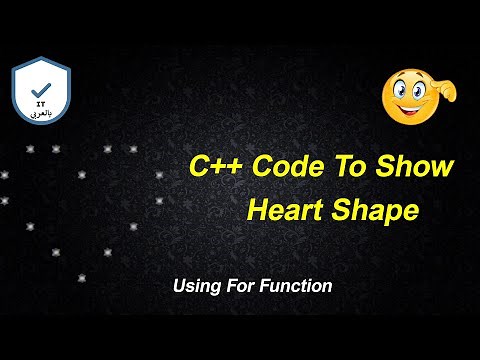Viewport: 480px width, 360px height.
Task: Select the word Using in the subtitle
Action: (195, 286)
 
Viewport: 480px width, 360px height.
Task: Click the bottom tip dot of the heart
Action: (82, 277)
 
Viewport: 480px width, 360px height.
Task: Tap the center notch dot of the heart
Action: (82, 174)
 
